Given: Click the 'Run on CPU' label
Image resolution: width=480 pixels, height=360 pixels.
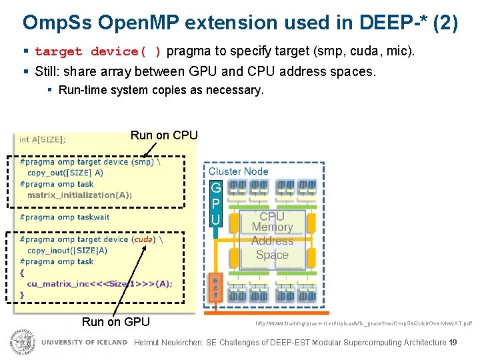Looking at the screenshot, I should click(164, 135).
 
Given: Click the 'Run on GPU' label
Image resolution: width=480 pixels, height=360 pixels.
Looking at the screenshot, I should click(115, 322).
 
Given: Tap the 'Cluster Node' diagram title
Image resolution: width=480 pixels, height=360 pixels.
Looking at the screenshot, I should click(238, 171).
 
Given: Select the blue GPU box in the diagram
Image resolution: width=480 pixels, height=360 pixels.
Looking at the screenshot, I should click(215, 203).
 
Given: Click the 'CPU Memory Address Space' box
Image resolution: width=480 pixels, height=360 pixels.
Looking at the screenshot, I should click(272, 235).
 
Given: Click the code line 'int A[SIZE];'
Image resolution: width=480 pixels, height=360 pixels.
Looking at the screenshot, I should click(43, 139).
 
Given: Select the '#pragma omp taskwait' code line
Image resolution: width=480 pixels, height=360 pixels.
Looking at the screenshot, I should click(65, 217).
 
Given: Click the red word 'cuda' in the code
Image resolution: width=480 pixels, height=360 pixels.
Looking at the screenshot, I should click(143, 239).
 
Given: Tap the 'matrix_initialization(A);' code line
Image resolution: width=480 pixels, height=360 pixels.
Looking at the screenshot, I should click(79, 195).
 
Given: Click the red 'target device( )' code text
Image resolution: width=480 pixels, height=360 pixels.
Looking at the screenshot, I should click(98, 51).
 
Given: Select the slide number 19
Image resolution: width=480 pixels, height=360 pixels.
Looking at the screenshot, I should click(453, 343).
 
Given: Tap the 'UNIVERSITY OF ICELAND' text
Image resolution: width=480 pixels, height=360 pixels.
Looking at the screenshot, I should click(84, 343).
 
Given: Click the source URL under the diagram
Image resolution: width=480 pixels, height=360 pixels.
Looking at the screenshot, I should click(363, 323).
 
